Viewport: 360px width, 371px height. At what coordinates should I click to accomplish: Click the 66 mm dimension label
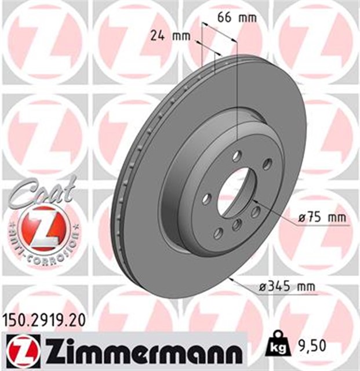pos(237,17)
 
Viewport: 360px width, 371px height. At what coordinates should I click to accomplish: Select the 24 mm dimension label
pos(170,36)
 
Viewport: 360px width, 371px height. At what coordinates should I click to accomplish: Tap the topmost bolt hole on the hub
pos(237,156)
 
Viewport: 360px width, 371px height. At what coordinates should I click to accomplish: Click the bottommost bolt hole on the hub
pos(218,233)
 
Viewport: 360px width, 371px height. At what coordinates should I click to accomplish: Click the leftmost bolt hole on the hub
pos(205,199)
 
